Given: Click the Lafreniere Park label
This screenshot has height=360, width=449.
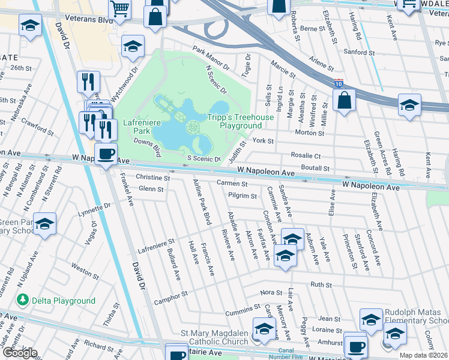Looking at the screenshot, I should [x=136, y=126].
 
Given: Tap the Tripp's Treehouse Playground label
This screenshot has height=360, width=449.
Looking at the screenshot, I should [x=240, y=122].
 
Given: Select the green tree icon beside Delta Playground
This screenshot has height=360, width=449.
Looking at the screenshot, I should [x=23, y=300].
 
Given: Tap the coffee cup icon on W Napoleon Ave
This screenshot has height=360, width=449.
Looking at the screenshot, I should [x=106, y=154].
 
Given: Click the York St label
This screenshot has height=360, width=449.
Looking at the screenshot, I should [x=263, y=141].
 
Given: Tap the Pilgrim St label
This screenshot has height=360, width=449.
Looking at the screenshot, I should [x=243, y=196].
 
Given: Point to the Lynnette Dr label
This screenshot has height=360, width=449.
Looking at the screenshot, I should [x=95, y=209].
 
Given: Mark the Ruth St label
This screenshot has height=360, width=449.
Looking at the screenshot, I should [x=321, y=284].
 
